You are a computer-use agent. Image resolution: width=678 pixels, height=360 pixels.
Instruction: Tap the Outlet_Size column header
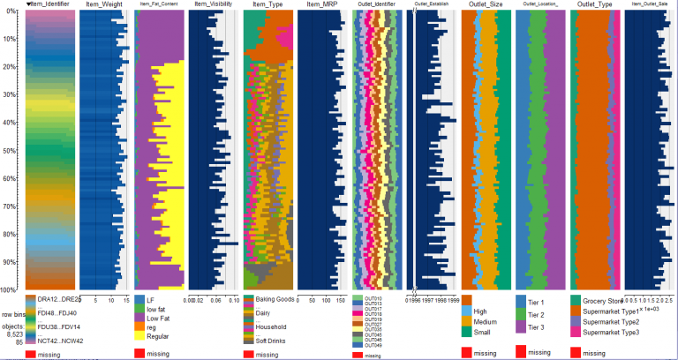(x=485, y=5)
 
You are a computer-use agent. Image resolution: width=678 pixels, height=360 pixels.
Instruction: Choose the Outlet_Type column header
(x=596, y=5)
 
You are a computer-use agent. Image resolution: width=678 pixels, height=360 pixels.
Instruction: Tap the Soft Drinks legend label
(x=275, y=340)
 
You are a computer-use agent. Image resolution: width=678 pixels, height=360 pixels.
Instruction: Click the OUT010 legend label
(x=370, y=298)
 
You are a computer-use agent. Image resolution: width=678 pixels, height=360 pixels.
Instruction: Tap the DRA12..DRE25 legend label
(x=58, y=300)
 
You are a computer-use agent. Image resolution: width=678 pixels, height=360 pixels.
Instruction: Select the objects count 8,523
(x=13, y=335)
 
